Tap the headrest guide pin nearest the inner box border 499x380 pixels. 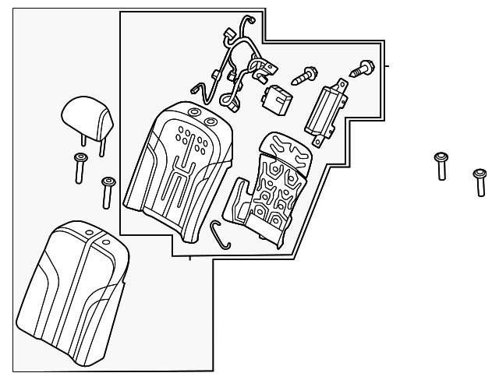108,191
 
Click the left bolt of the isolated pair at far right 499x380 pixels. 442,166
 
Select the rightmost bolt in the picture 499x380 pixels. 480,181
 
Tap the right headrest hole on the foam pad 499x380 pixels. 211,121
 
